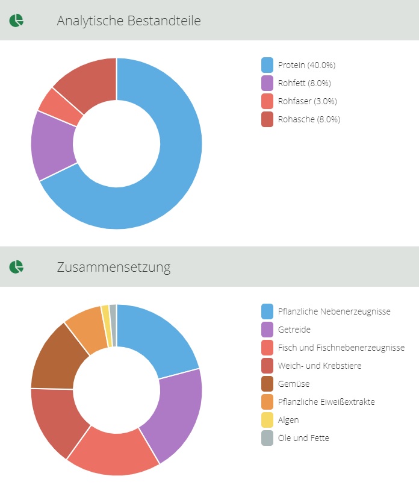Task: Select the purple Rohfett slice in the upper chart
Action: click(x=52, y=145)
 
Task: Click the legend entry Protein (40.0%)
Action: click(x=306, y=65)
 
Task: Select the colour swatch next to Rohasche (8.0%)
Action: click(x=267, y=119)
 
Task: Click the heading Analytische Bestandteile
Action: click(x=129, y=20)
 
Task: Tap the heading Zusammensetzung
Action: click(x=114, y=266)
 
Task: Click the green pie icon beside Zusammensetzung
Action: click(x=16, y=266)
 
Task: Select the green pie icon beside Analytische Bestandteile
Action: click(x=16, y=20)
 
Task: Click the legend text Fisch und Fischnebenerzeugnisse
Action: click(x=341, y=348)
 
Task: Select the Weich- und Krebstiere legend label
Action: click(x=319, y=366)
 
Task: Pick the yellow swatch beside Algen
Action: click(x=267, y=420)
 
